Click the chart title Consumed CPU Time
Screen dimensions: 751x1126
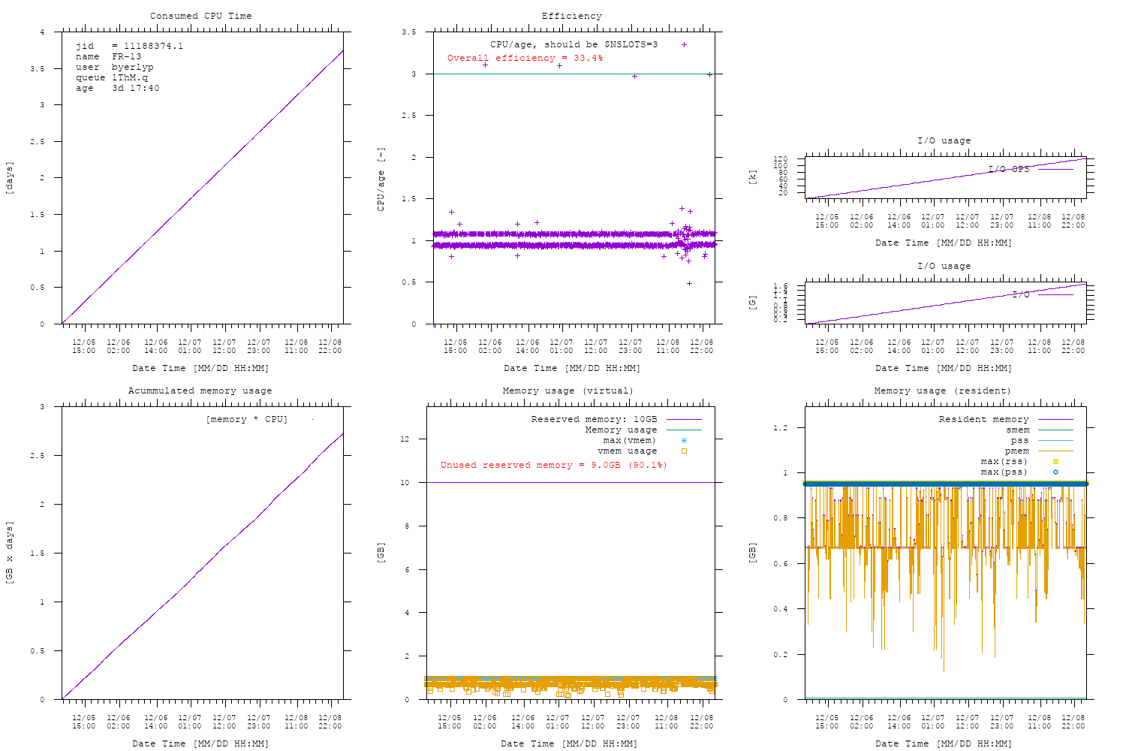200,16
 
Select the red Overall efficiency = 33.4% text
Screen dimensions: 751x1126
525,58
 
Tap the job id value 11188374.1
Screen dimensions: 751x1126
153,46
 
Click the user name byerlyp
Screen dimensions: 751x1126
132,67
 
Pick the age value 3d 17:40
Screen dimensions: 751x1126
135,88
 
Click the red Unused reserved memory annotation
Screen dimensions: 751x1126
553,465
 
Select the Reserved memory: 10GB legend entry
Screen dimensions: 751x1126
594,419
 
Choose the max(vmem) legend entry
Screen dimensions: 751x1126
629,440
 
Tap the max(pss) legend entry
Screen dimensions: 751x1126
1004,472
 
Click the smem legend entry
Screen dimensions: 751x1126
1017,430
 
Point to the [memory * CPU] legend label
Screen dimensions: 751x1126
246,419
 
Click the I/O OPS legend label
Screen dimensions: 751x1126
1008,169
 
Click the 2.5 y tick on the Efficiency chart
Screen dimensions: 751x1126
408,116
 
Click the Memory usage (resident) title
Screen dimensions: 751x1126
942,391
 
